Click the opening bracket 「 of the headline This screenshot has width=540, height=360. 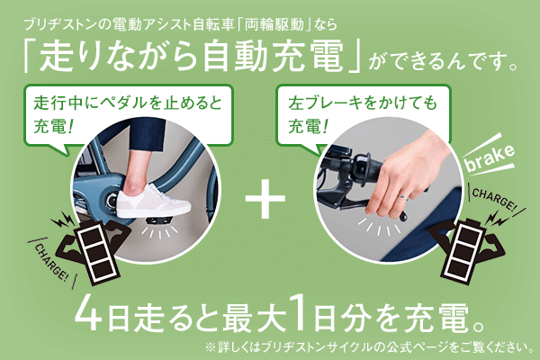[37, 58]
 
